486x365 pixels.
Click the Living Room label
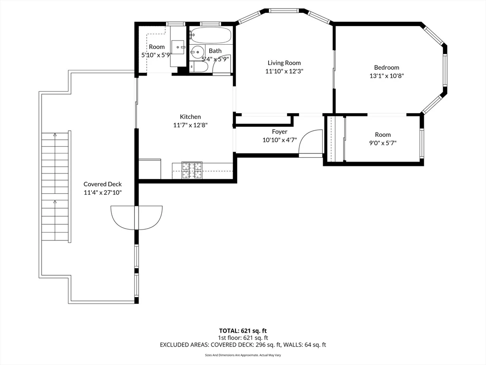(284, 63)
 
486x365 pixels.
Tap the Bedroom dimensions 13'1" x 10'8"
(386, 76)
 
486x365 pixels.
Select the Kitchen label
(190, 117)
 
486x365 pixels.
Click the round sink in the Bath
(197, 52)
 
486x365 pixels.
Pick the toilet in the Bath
(198, 67)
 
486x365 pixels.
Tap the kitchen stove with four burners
(192, 171)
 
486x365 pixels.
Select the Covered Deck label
(103, 184)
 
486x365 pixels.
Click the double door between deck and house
(136, 218)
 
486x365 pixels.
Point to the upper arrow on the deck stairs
(55, 134)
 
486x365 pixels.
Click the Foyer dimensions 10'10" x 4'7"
(280, 140)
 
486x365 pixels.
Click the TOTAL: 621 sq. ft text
(243, 331)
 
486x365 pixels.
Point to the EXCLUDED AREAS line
(243, 345)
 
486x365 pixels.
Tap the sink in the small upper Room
(178, 47)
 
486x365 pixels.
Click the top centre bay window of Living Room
(283, 10)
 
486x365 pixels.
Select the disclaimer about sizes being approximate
(243, 355)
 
